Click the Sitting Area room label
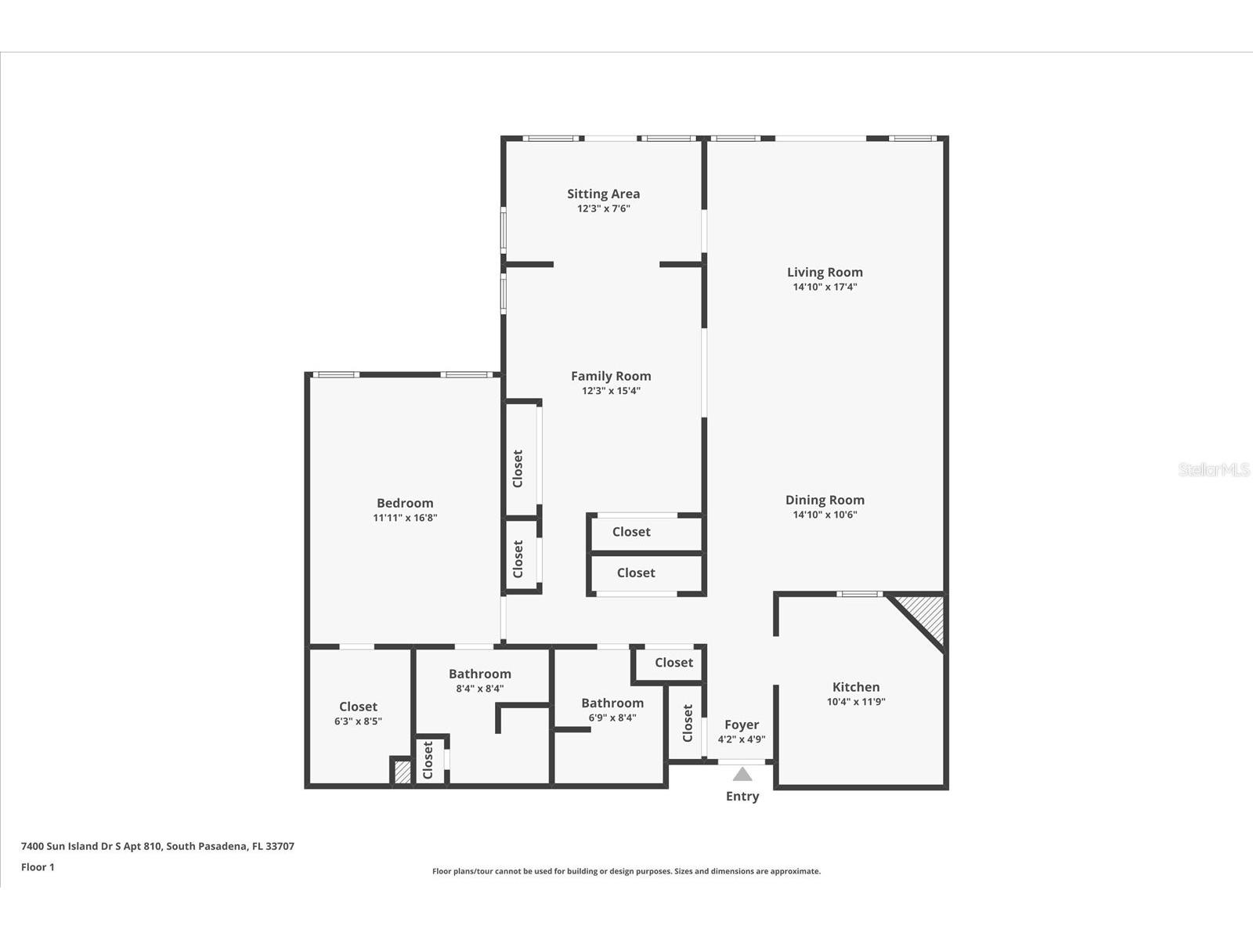tap(603, 193)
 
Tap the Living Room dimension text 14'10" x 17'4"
tap(825, 287)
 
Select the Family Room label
tap(611, 376)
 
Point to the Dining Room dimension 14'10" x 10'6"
tap(825, 515)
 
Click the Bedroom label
tap(405, 503)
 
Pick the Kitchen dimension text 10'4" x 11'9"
tap(856, 702)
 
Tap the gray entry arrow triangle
tap(742, 775)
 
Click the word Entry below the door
tap(742, 796)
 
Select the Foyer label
tap(742, 725)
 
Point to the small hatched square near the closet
tap(402, 772)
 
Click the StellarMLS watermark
tap(1214, 469)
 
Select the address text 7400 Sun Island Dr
tap(157, 846)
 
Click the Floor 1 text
tap(38, 867)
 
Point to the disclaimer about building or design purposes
tap(626, 871)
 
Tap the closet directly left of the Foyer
tap(688, 723)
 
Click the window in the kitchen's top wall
tap(860, 594)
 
